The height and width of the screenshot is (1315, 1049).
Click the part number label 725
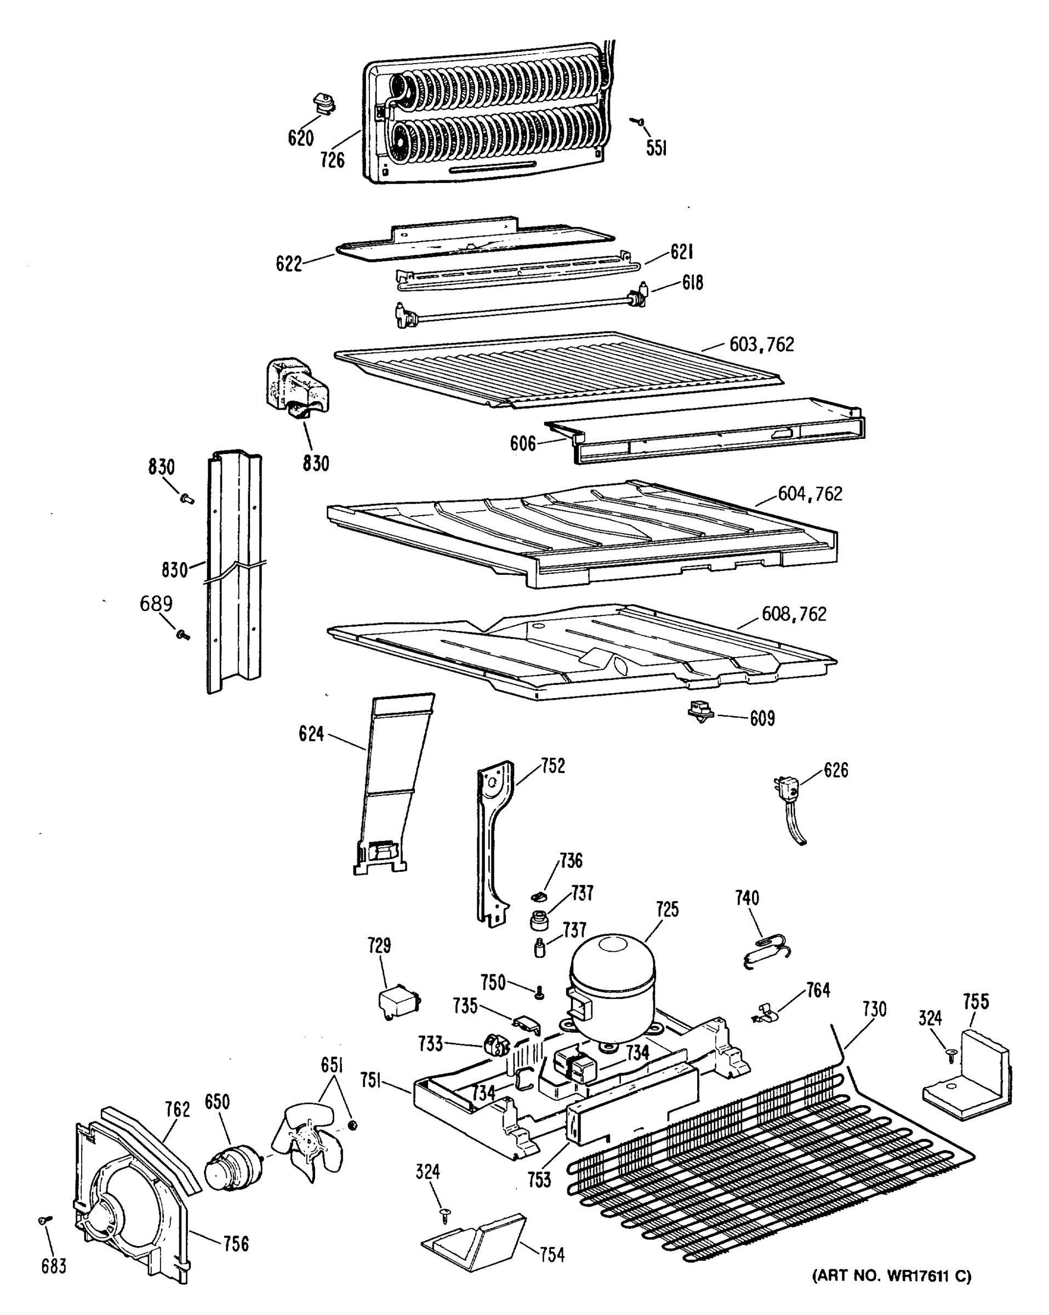pos(667,927)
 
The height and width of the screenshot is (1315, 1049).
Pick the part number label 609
pos(762,718)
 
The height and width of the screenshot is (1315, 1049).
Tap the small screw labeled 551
pos(639,122)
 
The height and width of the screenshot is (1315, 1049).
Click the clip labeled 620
pos(324,104)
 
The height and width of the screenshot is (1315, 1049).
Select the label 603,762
pos(762,345)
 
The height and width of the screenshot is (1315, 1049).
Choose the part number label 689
pos(156,604)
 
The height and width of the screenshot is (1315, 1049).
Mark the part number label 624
pos(311,734)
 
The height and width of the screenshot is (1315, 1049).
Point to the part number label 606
pos(523,443)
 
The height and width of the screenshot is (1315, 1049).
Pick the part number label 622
pos(289,264)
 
